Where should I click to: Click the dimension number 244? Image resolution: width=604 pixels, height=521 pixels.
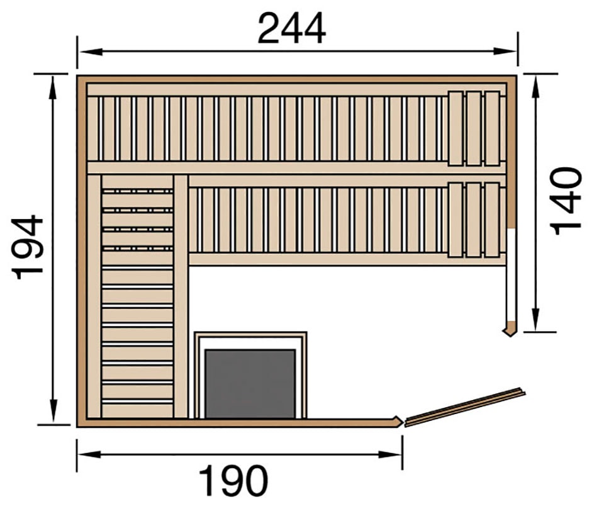pyautogui.click(x=291, y=29)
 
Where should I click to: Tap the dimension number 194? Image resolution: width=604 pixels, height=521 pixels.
pyautogui.click(x=29, y=247)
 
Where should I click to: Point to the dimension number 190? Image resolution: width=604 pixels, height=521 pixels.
pyautogui.click(x=233, y=482)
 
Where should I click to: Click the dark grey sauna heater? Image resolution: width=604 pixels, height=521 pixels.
pyautogui.click(x=250, y=384)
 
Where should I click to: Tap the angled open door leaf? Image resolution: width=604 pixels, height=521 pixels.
pyautogui.click(x=464, y=406)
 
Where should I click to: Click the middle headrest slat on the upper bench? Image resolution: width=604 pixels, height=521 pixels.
pyautogui.click(x=474, y=128)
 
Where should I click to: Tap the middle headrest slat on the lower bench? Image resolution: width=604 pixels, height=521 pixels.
pyautogui.click(x=474, y=220)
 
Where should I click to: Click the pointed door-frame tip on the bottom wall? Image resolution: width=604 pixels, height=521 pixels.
pyautogui.click(x=398, y=421)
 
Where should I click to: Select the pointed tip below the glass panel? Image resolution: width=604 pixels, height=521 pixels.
pyautogui.click(x=509, y=330)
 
